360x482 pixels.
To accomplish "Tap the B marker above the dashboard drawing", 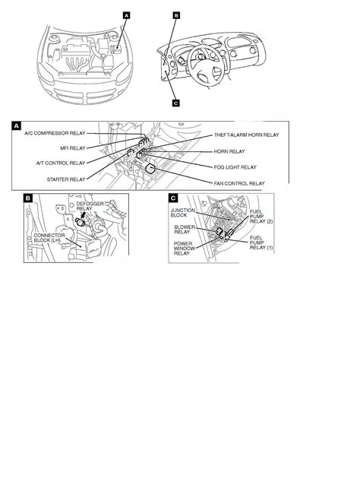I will [x=175, y=14].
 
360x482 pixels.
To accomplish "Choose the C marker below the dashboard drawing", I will [x=175, y=103].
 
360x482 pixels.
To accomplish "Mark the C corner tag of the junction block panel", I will [x=173, y=199].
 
